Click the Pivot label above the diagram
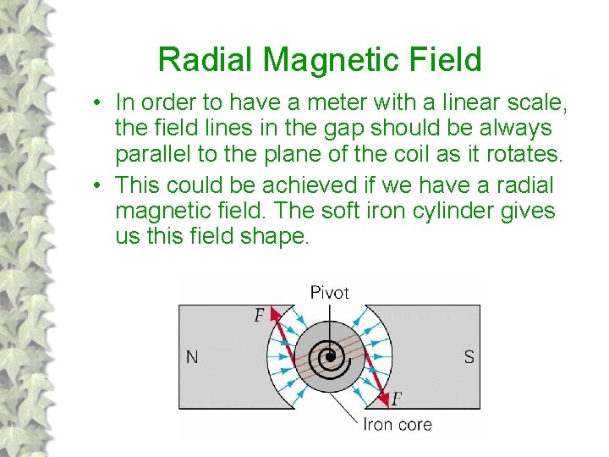pyautogui.click(x=330, y=293)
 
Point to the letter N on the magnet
pyautogui.click(x=192, y=357)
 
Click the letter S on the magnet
pyautogui.click(x=469, y=357)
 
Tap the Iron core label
pyautogui.click(x=398, y=424)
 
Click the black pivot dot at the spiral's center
pyautogui.click(x=330, y=357)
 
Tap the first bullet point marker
pyautogui.click(x=99, y=103)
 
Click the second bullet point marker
pyautogui.click(x=99, y=184)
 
